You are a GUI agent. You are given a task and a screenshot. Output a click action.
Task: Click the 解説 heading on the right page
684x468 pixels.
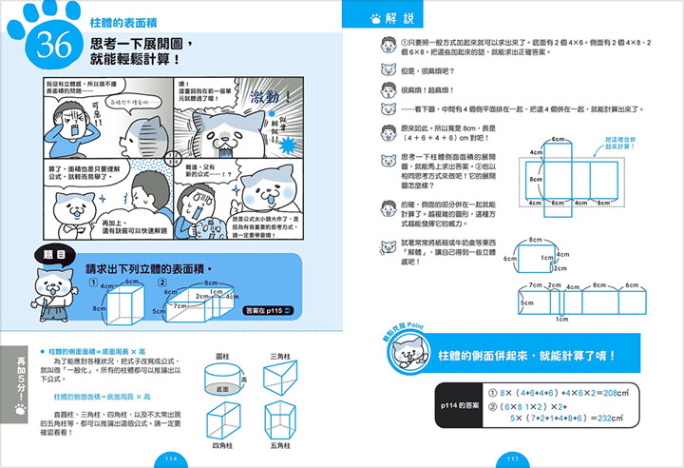(403, 18)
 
